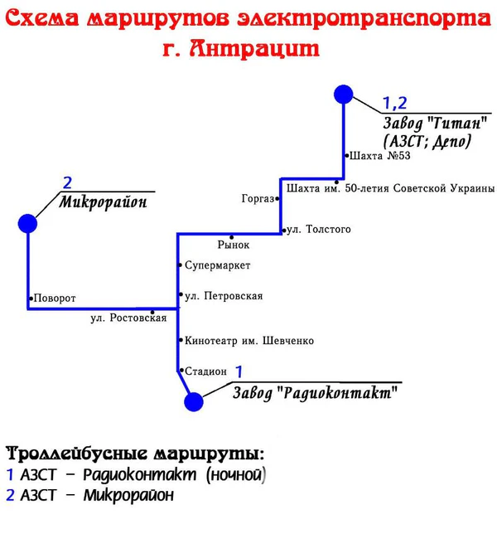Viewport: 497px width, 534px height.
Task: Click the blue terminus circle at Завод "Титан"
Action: [344, 94]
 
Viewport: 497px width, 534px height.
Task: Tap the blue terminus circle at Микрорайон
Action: [28, 223]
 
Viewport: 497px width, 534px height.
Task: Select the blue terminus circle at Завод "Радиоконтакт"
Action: [194, 402]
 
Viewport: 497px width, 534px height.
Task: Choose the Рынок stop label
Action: [234, 245]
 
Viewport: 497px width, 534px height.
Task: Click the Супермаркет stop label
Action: [217, 265]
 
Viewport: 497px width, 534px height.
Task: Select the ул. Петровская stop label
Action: [224, 296]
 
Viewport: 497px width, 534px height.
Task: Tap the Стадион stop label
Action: [205, 371]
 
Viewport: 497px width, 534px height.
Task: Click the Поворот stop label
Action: [55, 298]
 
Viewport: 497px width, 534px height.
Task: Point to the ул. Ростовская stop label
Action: [128, 318]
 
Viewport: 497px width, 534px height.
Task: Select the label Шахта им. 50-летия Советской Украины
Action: [389, 188]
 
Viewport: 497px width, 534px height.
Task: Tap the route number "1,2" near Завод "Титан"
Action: [394, 103]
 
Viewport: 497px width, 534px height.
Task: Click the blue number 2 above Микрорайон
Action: [67, 183]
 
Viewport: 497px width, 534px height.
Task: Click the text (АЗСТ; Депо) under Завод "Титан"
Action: [427, 141]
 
